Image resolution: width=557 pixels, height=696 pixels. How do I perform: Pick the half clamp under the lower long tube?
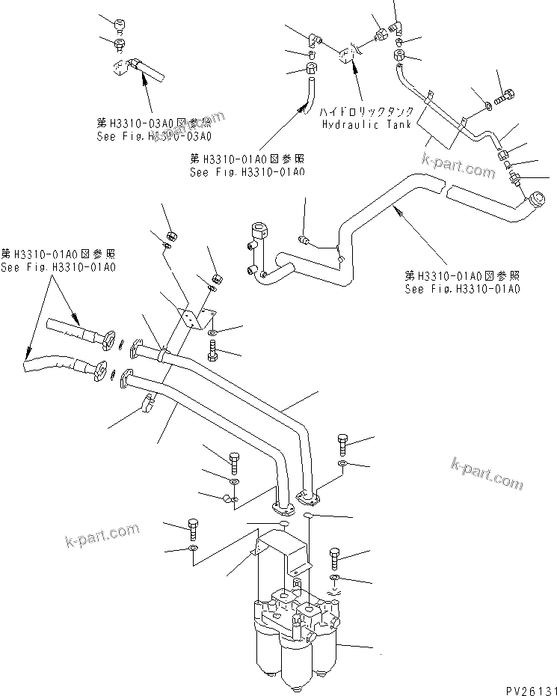pyautogui.click(x=147, y=406)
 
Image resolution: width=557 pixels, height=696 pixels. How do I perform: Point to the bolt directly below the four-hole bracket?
pyautogui.click(x=215, y=349)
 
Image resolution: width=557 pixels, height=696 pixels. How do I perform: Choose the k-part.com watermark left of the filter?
pyautogui.click(x=101, y=536)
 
